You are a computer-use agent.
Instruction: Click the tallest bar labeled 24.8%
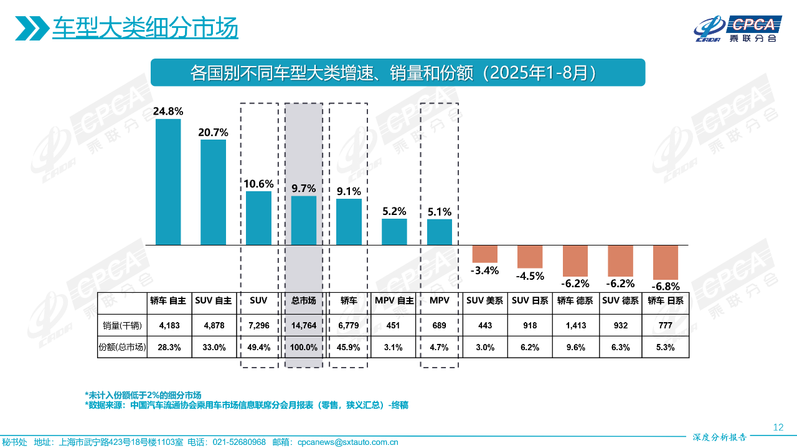[x=168, y=182]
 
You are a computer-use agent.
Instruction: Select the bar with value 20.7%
[x=213, y=192]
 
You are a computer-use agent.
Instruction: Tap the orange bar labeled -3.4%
[x=485, y=254]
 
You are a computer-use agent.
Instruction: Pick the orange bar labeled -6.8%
[x=665, y=262]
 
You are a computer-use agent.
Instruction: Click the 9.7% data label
[x=304, y=188]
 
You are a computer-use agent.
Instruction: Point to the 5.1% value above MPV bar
[x=440, y=212]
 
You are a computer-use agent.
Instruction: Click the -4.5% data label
[x=530, y=276]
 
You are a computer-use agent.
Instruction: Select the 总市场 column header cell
[x=304, y=300]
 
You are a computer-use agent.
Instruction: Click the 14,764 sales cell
[x=304, y=325]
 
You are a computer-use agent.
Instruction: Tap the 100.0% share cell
[x=304, y=348]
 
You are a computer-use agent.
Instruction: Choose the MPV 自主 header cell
[x=394, y=300]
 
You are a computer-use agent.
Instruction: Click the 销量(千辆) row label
[x=122, y=325]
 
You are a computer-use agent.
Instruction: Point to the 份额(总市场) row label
[x=122, y=348]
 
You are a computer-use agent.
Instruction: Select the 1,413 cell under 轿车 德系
[x=575, y=325]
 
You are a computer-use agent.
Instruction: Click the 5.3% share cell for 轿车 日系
[x=665, y=348]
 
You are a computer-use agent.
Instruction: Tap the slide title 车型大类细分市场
[x=145, y=28]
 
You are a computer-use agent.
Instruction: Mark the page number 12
[x=778, y=427]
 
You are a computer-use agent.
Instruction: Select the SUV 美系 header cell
[x=485, y=300]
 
